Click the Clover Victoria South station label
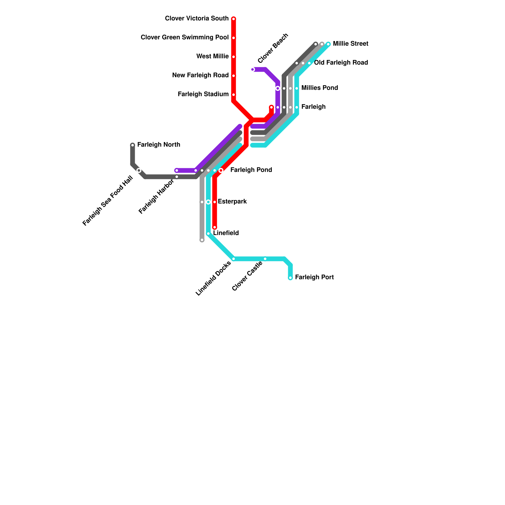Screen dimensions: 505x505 pos(197,19)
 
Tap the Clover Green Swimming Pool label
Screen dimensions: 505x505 pos(185,38)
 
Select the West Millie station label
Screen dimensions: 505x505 pos(212,56)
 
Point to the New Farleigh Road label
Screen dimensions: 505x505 pos(200,75)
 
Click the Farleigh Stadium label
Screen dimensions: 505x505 pos(203,94)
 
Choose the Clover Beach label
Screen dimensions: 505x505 pos(273,48)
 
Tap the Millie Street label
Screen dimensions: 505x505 pos(350,44)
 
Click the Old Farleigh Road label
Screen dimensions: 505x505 pos(341,63)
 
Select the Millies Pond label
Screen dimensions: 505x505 pos(319,88)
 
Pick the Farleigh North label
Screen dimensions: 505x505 pos(159,145)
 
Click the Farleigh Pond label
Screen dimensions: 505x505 pos(251,170)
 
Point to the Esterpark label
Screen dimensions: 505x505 pos(232,202)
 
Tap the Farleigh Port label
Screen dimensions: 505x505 pos(314,277)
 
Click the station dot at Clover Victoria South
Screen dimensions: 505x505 pos(234,19)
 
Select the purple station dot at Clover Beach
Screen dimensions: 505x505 pos(252,69)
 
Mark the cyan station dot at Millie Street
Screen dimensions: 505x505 pos(328,44)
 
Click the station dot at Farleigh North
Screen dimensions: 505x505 pos(133,145)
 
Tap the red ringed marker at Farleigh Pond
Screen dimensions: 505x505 pos(221,170)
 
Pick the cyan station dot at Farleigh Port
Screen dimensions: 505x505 pos(290,278)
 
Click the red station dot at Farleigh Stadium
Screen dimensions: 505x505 pos(234,95)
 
